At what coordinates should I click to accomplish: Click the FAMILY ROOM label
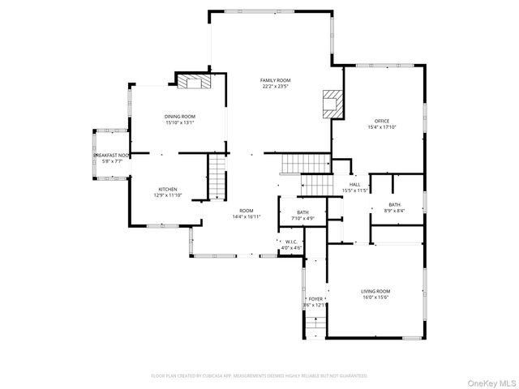point(275,80)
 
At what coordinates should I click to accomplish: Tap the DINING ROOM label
point(180,117)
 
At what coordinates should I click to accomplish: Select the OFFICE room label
point(381,121)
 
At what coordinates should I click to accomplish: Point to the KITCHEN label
point(167,190)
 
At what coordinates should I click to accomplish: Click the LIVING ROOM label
point(375,291)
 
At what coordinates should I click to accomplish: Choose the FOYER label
point(315,299)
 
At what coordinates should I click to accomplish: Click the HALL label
point(354,185)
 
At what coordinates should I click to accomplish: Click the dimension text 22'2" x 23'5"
point(275,87)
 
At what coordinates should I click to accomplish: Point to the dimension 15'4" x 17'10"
point(381,127)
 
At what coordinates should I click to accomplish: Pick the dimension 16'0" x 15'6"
point(375,297)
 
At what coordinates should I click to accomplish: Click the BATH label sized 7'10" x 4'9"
point(302,212)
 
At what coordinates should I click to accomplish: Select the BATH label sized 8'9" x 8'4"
point(394,204)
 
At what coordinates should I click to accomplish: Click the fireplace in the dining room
point(194,82)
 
